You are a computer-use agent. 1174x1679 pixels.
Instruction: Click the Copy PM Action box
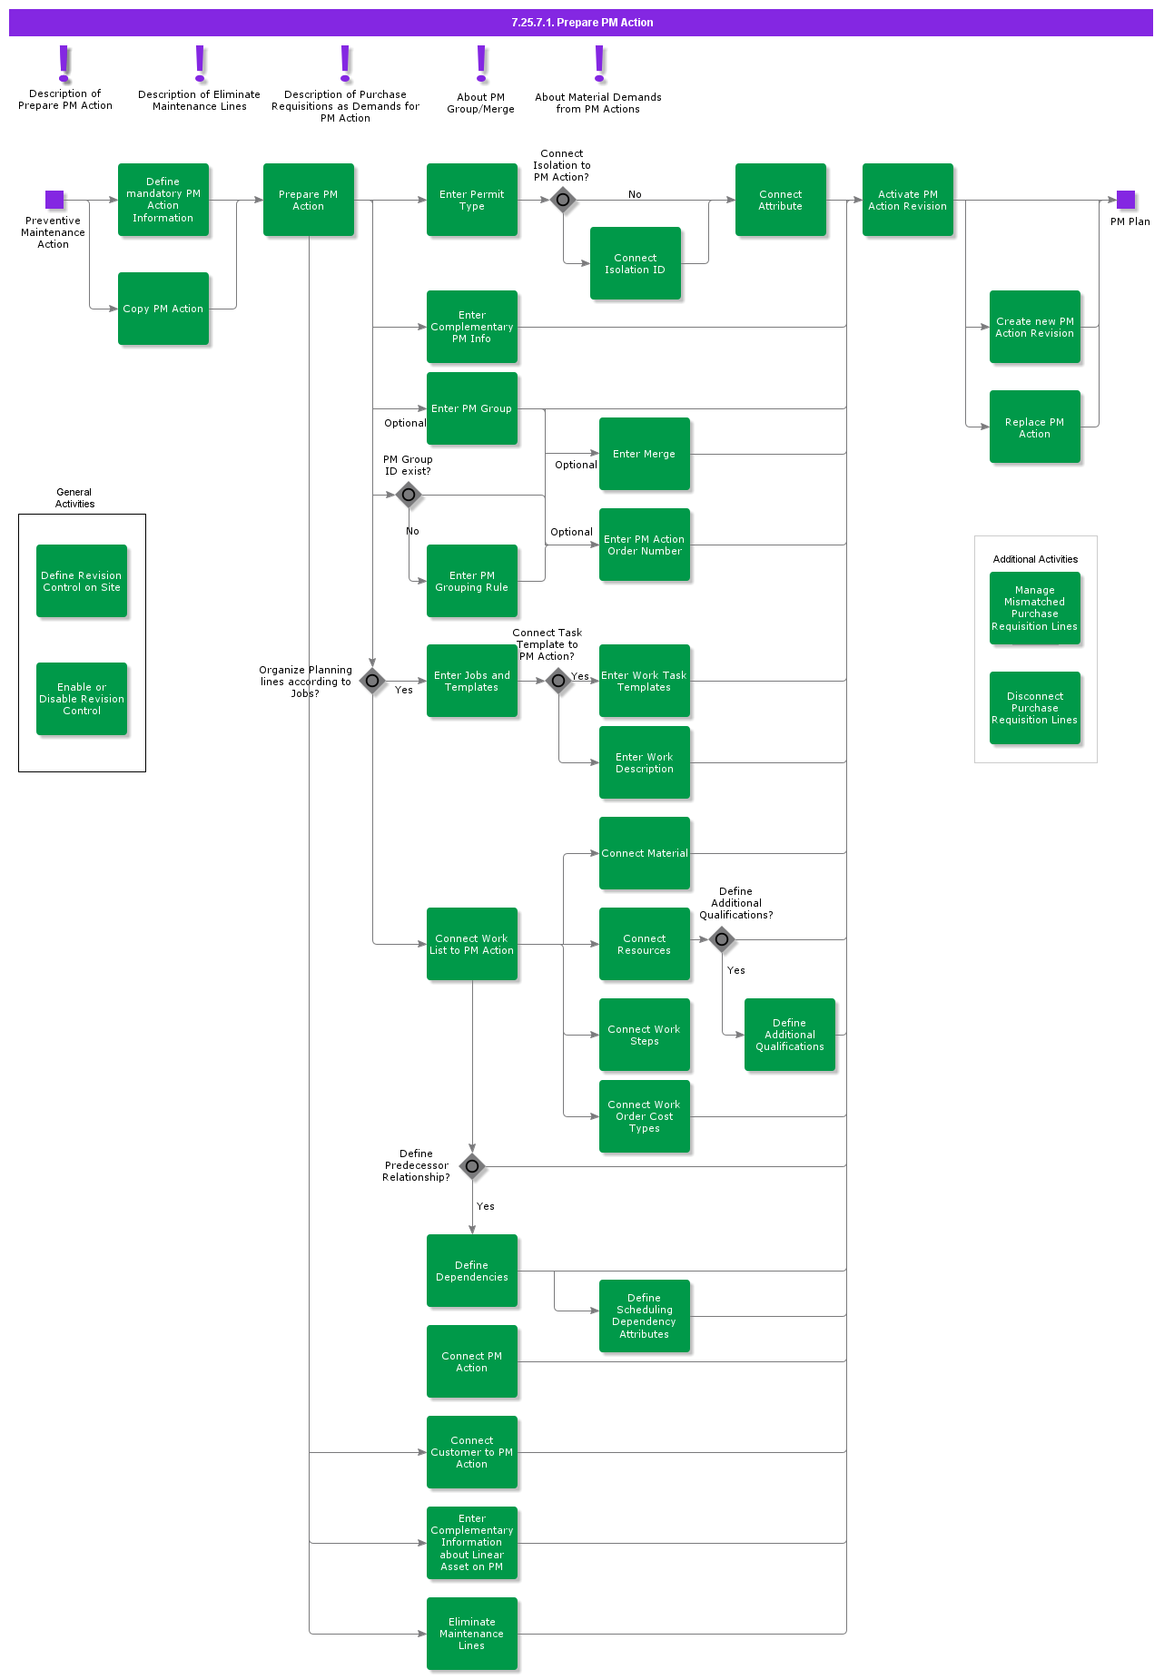(x=163, y=309)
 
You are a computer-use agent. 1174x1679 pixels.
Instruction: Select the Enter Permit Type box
(x=472, y=200)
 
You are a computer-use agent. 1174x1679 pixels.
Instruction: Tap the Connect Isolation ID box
(x=636, y=263)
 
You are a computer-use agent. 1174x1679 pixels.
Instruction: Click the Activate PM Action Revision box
(x=908, y=200)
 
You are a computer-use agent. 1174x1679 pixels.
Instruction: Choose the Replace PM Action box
(x=1035, y=427)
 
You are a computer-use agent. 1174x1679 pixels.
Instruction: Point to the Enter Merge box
(x=645, y=454)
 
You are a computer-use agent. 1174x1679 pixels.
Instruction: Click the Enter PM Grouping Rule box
(x=472, y=581)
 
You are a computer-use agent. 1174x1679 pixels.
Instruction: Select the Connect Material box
(x=645, y=853)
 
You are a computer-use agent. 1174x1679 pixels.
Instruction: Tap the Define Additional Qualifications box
(x=790, y=1035)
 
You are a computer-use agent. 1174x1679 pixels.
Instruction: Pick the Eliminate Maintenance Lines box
(x=472, y=1634)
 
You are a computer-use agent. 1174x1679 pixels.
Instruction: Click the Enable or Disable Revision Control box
(x=82, y=699)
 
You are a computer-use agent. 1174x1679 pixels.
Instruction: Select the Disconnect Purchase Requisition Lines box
(x=1035, y=708)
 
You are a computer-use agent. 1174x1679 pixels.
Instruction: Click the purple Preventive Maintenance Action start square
(x=54, y=200)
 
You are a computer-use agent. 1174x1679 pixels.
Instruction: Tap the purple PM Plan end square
(x=1126, y=200)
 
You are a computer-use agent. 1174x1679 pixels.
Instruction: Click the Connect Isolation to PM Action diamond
(x=563, y=200)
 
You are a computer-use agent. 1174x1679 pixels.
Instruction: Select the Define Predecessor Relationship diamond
(x=472, y=1166)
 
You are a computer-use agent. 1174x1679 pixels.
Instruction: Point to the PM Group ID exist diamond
(x=409, y=495)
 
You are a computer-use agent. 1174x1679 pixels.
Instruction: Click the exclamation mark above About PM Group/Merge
(x=481, y=64)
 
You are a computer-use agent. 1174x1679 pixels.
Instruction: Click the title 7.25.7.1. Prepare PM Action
(x=582, y=23)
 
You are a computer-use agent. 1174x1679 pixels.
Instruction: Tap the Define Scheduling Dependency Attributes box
(x=645, y=1316)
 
